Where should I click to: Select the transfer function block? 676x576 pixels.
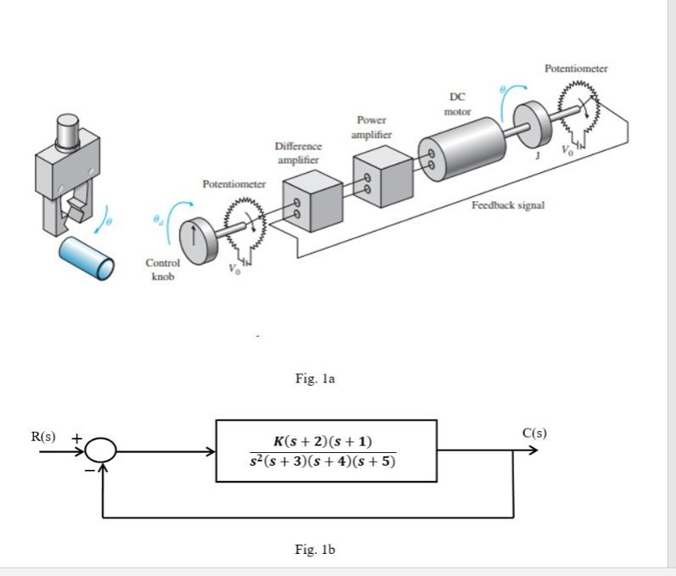[327, 450]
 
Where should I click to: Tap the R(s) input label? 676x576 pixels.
[43, 437]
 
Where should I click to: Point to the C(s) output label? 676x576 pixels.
[534, 433]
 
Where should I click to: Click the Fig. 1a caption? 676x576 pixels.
[316, 378]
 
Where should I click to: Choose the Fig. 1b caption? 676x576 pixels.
[316, 550]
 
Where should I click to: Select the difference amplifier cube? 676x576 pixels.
[311, 202]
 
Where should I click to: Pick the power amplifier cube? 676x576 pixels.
[382, 176]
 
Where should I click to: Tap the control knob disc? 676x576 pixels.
[200, 241]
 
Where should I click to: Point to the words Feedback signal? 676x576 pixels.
[508, 205]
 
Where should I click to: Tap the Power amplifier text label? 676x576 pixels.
[372, 127]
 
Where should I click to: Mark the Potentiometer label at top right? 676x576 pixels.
[576, 68]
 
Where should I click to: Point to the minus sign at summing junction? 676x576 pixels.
[88, 469]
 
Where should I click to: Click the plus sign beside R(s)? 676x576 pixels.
[75, 439]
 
